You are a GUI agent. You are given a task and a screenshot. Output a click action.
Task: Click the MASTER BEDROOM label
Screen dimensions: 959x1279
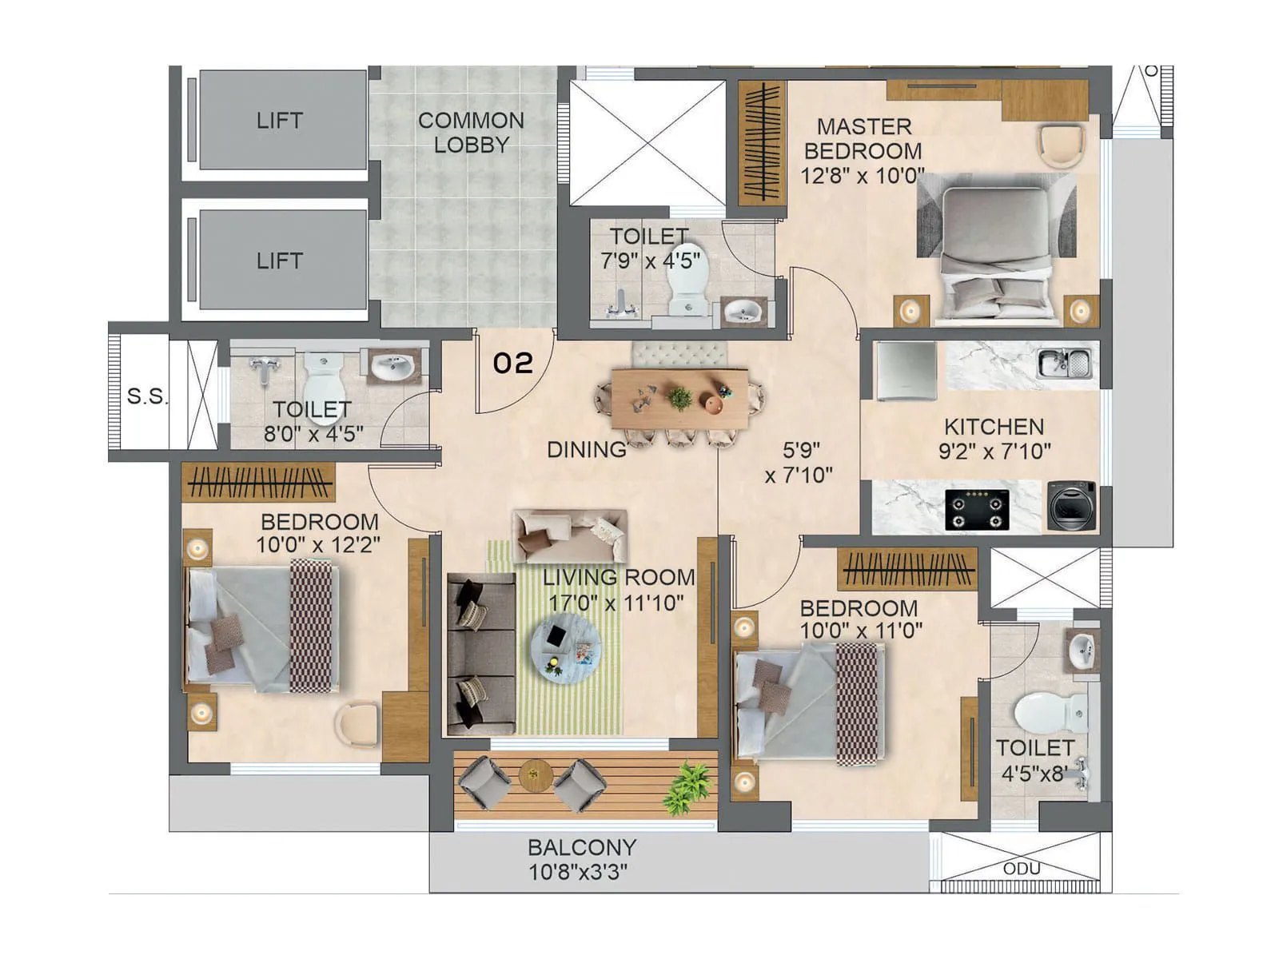(x=863, y=138)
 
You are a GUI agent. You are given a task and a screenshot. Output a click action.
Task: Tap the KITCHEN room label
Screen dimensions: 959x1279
(x=994, y=427)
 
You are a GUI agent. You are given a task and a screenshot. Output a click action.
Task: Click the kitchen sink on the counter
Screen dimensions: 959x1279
(x=1064, y=364)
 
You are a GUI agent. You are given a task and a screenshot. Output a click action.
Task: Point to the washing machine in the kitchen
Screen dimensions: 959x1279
(x=1072, y=505)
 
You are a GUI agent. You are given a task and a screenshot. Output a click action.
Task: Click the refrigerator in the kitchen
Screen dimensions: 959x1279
(x=906, y=371)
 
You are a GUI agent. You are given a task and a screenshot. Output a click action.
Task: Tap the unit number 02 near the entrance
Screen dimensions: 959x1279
(x=512, y=364)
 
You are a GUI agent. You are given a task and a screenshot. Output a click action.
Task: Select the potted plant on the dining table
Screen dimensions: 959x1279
(x=680, y=397)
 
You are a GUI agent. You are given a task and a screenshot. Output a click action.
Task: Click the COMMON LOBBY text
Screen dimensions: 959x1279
(x=471, y=133)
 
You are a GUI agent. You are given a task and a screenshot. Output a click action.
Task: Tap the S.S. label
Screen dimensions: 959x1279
(x=148, y=396)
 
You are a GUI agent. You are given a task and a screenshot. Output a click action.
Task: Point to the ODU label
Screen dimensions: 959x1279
(x=1022, y=869)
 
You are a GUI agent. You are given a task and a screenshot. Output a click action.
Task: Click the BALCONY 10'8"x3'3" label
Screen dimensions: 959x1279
(x=581, y=859)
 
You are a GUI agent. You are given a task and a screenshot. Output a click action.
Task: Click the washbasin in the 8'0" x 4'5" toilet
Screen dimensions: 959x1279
(x=392, y=368)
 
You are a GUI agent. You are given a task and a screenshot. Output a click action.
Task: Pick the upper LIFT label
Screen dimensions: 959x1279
(x=279, y=121)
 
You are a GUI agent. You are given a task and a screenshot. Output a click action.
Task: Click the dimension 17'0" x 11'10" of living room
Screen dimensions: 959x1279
(x=616, y=603)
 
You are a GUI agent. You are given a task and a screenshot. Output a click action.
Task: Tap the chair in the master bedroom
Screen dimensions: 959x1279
(x=1062, y=145)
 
